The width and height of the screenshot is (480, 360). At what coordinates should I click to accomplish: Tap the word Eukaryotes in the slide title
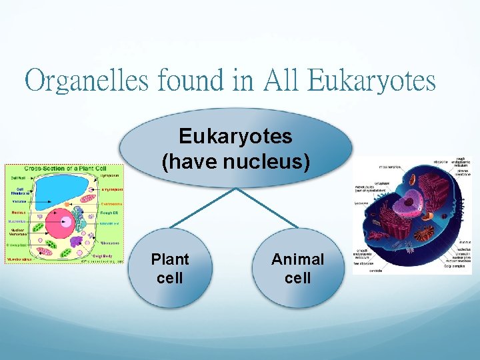pyautogui.click(x=372, y=81)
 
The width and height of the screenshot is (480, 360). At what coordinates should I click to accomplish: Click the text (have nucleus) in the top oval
pyautogui.click(x=235, y=161)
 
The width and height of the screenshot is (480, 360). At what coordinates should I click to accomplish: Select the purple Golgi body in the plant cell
pyautogui.click(x=76, y=241)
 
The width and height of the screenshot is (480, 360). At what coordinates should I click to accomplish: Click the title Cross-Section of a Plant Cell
pyautogui.click(x=63, y=169)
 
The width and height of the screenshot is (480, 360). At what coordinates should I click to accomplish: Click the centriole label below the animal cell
pyautogui.click(x=377, y=270)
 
